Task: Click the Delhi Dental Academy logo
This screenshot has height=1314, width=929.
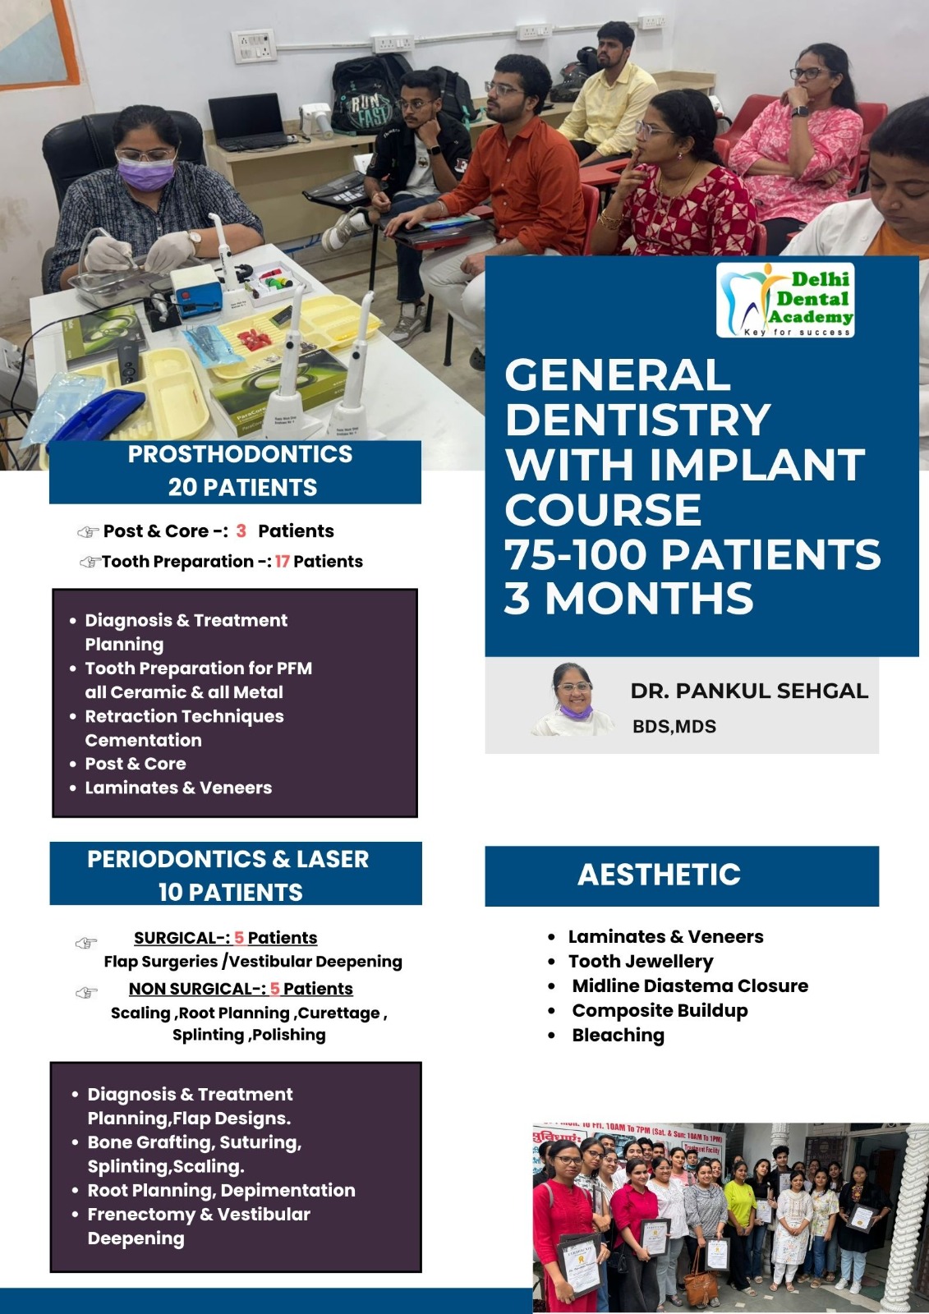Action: [x=785, y=300]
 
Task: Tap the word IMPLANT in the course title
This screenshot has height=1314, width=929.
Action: [x=757, y=464]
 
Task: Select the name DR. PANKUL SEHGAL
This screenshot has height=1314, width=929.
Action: [x=749, y=691]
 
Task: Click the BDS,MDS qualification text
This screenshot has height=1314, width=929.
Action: [x=674, y=727]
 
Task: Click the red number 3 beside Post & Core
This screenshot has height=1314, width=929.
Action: [x=241, y=531]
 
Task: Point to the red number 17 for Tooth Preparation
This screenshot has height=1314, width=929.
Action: [x=283, y=562]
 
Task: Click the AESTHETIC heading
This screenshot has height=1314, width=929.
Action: [x=659, y=875]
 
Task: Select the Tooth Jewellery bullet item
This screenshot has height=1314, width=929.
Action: [x=641, y=962]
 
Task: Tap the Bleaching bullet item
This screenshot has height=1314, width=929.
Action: [x=618, y=1036]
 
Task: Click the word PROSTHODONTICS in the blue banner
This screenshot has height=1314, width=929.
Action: [x=241, y=454]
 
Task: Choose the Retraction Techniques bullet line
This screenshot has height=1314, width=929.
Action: [x=184, y=716]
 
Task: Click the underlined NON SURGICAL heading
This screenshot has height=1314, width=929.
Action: [x=198, y=989]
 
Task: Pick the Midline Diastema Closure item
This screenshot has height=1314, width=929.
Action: [x=690, y=986]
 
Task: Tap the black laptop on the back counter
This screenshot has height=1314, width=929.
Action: [x=248, y=122]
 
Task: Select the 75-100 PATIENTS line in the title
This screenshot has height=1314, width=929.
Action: [x=692, y=554]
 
